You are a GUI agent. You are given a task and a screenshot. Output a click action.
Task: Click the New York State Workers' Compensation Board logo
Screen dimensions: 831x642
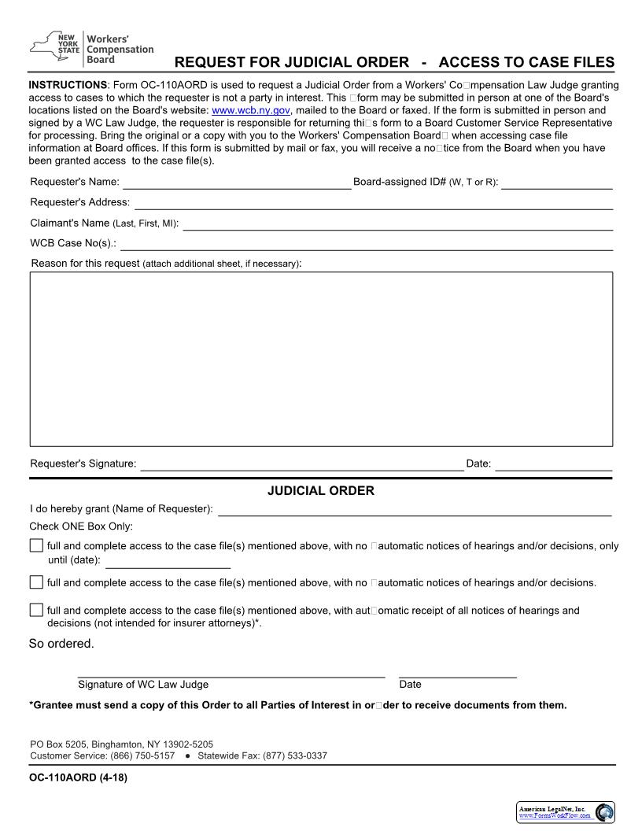[91, 49]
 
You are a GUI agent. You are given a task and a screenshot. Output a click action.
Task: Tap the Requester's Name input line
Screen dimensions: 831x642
[236, 184]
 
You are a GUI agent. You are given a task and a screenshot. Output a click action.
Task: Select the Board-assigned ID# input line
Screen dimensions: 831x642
[557, 184]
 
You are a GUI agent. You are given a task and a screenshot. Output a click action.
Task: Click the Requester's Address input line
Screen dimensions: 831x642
[374, 205]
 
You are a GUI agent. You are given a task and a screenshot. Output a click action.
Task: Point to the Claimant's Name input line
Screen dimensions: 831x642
[397, 225]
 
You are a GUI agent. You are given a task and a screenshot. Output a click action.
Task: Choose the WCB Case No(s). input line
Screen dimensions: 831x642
[367, 246]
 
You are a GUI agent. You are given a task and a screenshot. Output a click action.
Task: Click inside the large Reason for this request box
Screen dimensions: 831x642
[321, 359]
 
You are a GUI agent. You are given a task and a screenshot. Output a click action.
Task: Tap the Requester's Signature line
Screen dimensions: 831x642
[301, 466]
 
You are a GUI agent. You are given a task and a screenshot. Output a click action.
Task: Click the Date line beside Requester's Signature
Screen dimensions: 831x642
[553, 466]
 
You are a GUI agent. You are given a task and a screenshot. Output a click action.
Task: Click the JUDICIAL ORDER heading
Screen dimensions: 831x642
[321, 491]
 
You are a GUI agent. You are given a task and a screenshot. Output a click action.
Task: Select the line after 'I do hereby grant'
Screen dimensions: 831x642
[415, 511]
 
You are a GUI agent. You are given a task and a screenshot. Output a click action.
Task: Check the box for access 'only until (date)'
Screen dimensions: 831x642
[37, 546]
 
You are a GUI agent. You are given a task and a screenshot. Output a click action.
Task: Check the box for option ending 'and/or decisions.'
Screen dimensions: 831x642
[37, 582]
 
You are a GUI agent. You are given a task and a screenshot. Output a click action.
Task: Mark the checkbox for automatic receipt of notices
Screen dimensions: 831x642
[37, 610]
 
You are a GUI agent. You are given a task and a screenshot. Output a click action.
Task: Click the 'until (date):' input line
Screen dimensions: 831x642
[168, 563]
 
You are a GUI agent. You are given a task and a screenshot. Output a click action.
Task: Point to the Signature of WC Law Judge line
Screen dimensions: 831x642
[231, 674]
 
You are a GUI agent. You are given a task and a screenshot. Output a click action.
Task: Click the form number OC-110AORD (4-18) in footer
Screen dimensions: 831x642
[79, 778]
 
